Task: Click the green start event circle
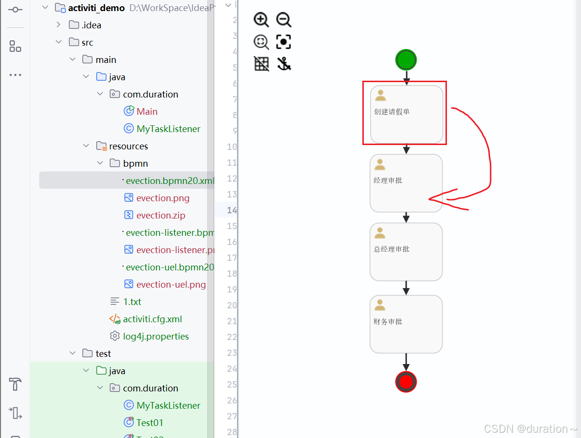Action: tap(406, 60)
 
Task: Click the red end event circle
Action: tap(406, 382)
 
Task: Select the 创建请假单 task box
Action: tap(407, 114)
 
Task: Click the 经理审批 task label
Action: tap(388, 181)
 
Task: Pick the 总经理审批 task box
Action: tap(406, 252)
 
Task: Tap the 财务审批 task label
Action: tap(388, 322)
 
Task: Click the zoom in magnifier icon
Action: tap(261, 20)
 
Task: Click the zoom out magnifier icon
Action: tap(284, 20)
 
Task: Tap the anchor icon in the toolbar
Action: tap(284, 64)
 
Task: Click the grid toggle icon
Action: tap(261, 64)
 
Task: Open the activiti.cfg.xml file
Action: tap(152, 319)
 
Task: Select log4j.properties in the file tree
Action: tap(155, 336)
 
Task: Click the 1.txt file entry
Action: tap(132, 302)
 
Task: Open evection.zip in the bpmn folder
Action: tap(160, 215)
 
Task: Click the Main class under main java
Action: tap(147, 111)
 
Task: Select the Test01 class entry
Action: tap(149, 423)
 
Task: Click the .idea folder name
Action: tap(91, 25)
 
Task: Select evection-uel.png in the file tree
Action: tap(171, 284)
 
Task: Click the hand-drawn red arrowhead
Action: tap(433, 199)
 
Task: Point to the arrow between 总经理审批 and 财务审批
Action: tap(406, 288)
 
